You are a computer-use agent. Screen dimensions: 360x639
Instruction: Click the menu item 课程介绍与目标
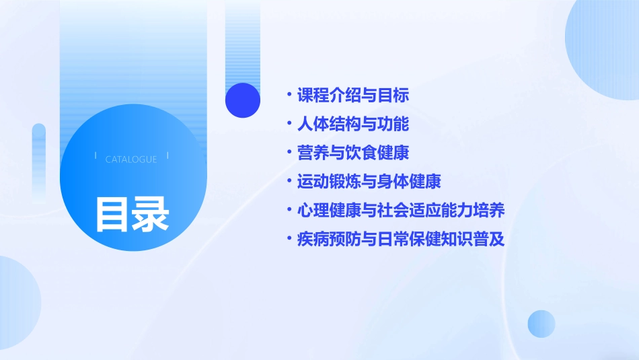tap(353, 96)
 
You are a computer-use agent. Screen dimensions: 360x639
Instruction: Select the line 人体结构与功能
tap(353, 124)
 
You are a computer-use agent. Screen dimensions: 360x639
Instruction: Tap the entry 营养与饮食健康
tap(353, 153)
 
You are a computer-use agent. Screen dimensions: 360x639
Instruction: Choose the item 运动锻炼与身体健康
tap(369, 182)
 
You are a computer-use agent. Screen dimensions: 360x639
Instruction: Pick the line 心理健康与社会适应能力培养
tap(401, 210)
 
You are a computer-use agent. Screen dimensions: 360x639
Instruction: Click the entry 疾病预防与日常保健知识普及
tap(401, 239)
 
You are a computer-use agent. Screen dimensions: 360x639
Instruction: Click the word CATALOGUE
tap(131, 159)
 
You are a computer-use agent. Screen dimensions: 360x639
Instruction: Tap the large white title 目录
tap(132, 213)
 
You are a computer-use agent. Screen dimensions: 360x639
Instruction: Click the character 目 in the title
tap(112, 213)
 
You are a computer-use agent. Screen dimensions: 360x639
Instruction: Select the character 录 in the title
tap(151, 213)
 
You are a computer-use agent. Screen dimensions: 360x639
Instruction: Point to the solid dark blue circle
tap(243, 100)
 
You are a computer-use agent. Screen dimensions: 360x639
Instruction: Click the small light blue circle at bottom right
tap(541, 324)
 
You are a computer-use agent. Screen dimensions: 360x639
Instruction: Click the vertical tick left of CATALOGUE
tap(96, 155)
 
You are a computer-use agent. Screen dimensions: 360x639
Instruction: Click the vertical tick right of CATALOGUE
tap(167, 155)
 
